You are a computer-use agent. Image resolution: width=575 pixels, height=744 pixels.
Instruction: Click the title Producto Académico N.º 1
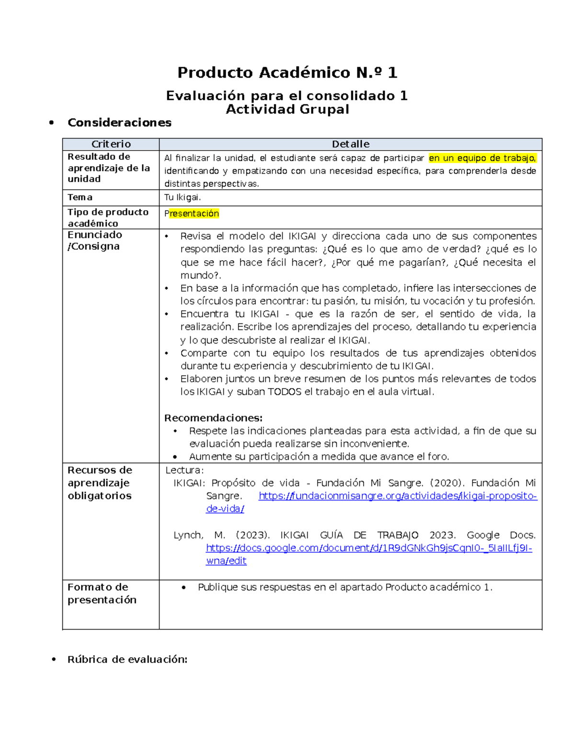click(287, 73)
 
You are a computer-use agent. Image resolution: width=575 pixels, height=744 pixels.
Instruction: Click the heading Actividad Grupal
click(287, 110)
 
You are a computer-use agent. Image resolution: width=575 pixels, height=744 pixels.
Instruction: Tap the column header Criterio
click(111, 144)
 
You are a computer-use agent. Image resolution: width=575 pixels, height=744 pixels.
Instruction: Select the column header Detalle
click(350, 144)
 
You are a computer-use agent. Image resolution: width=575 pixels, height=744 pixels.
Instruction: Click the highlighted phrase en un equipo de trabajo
click(482, 158)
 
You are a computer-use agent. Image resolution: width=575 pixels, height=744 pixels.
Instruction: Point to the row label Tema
click(80, 197)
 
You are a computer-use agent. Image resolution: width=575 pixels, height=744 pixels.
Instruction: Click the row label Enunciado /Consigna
click(94, 240)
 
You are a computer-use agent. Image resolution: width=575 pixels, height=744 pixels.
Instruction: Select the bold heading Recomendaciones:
click(213, 418)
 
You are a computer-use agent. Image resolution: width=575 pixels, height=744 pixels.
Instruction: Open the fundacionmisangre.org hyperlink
click(397, 496)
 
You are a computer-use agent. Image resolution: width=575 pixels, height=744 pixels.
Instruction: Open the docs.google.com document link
click(368, 548)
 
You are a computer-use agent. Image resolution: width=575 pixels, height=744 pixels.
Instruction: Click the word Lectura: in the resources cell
click(184, 470)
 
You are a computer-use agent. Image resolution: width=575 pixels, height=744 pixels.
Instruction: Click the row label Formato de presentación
click(102, 594)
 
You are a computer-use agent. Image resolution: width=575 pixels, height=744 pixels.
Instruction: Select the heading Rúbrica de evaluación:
click(127, 660)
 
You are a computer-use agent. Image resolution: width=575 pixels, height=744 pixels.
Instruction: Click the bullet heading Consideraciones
click(119, 123)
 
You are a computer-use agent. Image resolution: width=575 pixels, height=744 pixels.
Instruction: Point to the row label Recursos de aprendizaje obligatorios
click(100, 483)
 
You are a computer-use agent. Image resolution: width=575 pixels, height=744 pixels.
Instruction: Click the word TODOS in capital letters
click(284, 392)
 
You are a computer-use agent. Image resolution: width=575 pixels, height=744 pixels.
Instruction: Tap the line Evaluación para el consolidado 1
click(287, 96)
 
